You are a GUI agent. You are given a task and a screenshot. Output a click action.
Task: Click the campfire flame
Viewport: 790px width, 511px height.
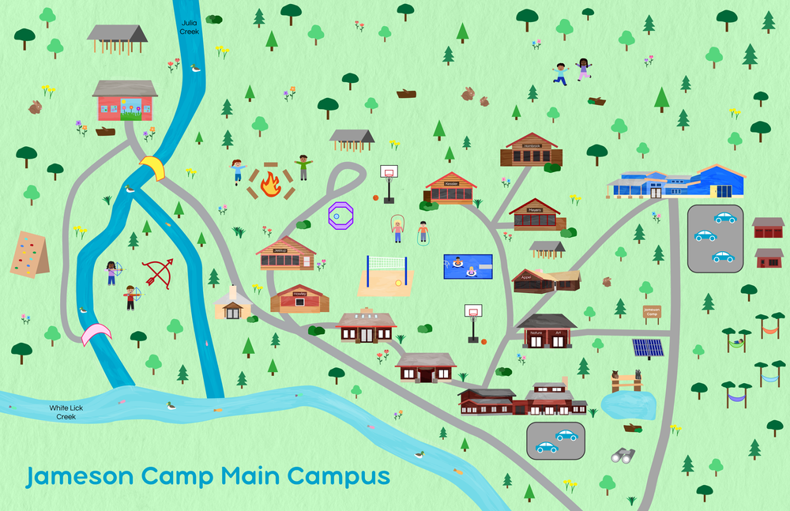[271, 185]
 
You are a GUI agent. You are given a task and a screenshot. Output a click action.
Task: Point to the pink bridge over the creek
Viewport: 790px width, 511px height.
[96, 333]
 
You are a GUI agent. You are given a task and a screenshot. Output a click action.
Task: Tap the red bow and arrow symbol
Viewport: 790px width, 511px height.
[160, 273]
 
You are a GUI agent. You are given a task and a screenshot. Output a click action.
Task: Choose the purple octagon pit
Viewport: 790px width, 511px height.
[340, 215]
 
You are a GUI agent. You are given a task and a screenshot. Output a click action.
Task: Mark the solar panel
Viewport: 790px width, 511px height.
[648, 348]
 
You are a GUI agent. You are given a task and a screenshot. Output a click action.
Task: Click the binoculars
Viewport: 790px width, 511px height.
[623, 455]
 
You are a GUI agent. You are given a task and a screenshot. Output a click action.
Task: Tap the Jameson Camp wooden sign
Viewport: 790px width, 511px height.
[652, 312]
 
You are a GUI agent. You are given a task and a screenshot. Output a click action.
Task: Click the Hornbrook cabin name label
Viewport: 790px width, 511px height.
[530, 146]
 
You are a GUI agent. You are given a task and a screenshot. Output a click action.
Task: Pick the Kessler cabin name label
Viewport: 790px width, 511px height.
[451, 184]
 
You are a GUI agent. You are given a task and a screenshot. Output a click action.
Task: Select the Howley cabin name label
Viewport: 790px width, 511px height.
[299, 293]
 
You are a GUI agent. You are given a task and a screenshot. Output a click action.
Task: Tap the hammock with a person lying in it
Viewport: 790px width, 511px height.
[737, 343]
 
